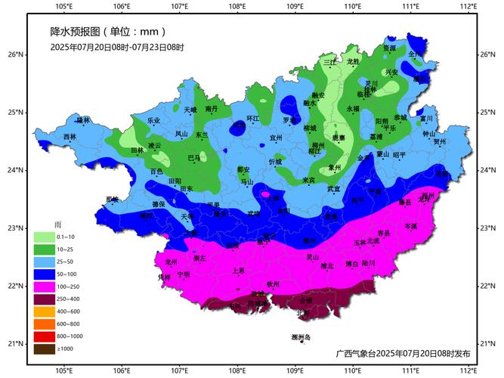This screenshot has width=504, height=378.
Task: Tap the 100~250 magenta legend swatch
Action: (x=42, y=287)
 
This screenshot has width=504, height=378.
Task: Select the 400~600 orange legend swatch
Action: (x=42, y=311)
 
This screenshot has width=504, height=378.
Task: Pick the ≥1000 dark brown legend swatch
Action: (x=42, y=349)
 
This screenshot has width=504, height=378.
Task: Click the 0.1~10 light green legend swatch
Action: (x=42, y=237)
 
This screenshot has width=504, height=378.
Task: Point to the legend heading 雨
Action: (x=57, y=225)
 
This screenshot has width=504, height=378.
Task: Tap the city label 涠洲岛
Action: (x=301, y=336)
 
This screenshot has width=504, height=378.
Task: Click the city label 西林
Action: (x=70, y=137)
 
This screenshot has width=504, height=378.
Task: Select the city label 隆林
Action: (x=83, y=119)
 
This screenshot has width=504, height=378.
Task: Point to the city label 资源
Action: (x=388, y=48)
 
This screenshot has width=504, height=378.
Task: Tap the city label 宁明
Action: (x=184, y=274)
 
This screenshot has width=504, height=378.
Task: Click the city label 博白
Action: (x=351, y=264)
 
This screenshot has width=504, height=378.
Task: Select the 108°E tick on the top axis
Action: (x=237, y=8)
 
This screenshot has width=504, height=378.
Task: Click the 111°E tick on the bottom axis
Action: (x=410, y=370)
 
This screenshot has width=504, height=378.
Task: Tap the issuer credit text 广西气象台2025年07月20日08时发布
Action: (x=403, y=353)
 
